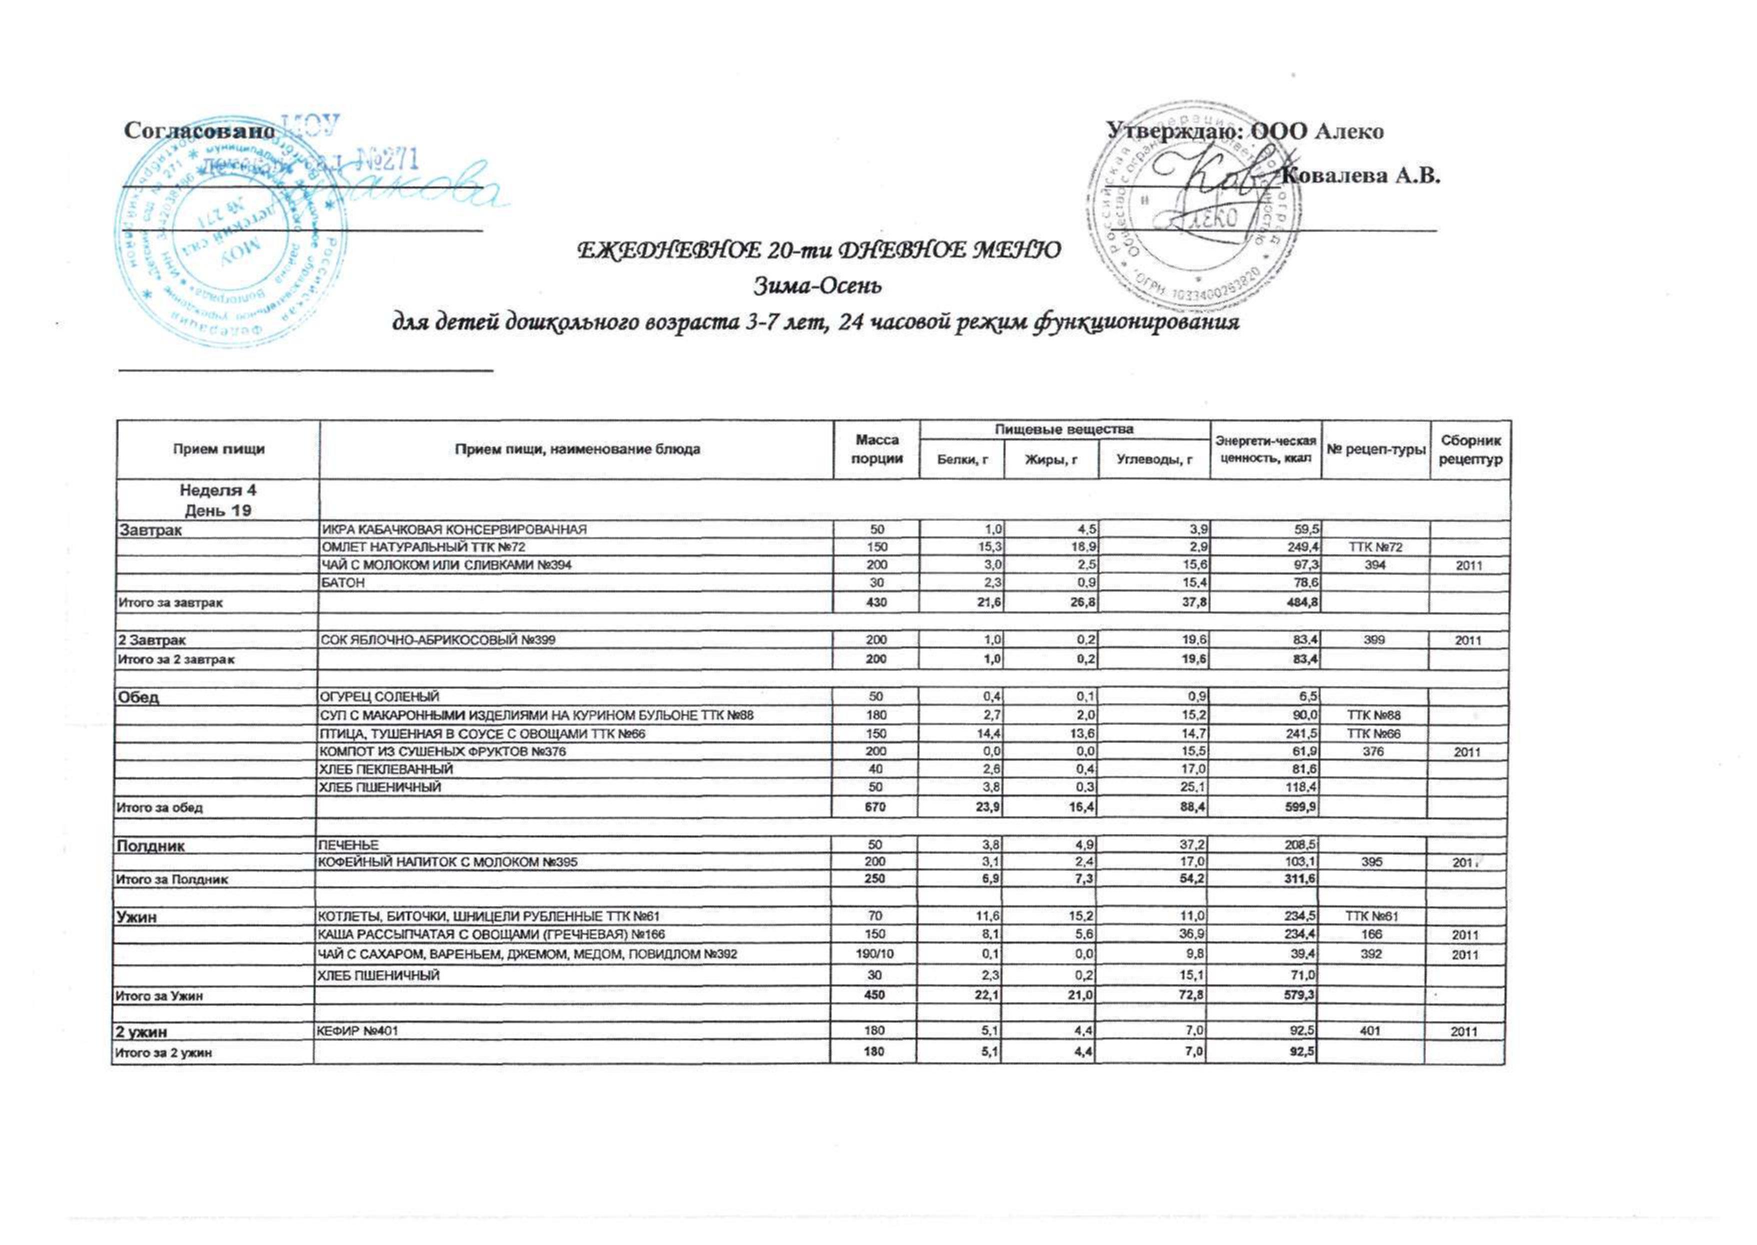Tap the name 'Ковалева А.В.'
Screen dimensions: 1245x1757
[x=1361, y=176]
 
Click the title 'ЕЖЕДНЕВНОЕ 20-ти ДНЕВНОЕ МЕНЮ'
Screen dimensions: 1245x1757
[x=818, y=250]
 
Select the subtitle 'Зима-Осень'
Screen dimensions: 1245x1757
[x=818, y=286]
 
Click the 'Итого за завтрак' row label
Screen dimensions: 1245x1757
[x=170, y=602]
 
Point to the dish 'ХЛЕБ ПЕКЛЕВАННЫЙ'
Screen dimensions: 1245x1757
[x=385, y=769]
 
